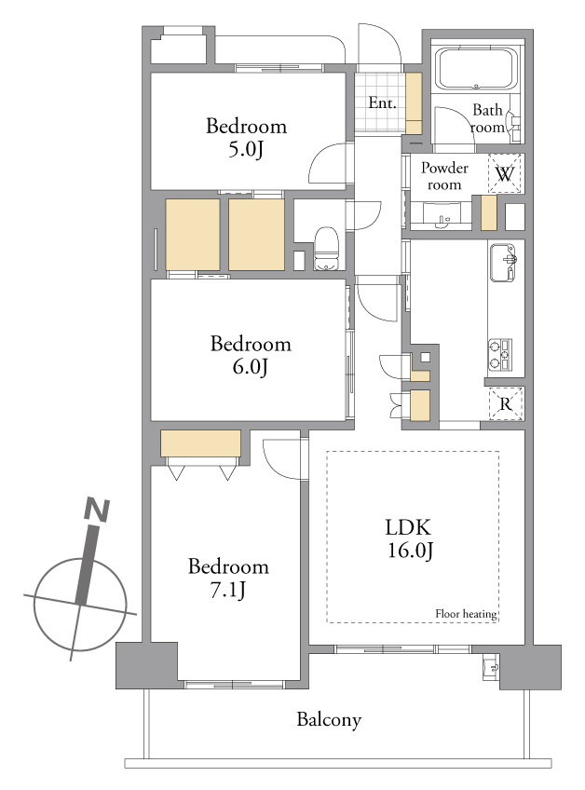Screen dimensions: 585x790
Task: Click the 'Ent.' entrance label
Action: click(x=382, y=102)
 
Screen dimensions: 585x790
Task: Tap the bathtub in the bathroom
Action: click(x=476, y=69)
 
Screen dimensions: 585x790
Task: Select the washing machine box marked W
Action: click(x=504, y=173)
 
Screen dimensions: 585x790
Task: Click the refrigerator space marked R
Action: click(x=506, y=403)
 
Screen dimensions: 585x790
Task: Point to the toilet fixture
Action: click(x=327, y=249)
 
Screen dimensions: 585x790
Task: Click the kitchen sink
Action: click(x=502, y=263)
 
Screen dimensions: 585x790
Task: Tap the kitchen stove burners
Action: click(x=499, y=355)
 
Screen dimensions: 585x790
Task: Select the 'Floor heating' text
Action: click(x=466, y=614)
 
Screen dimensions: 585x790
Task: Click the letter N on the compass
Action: click(x=97, y=510)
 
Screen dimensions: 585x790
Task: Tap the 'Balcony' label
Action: click(x=329, y=719)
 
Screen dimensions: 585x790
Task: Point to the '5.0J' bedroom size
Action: click(x=246, y=149)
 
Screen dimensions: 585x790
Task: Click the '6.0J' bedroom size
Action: click(x=250, y=367)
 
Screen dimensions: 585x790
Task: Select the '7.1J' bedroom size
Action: click(x=227, y=590)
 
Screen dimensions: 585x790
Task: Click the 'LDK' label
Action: click(x=408, y=527)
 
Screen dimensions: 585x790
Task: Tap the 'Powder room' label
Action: click(x=444, y=176)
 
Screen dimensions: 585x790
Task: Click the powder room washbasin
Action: click(x=442, y=215)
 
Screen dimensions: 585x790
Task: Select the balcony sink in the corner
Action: click(x=490, y=665)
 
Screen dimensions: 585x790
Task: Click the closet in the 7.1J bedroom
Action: click(x=200, y=443)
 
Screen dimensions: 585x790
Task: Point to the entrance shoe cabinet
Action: click(x=414, y=103)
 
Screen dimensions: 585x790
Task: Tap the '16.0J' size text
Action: click(x=410, y=551)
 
